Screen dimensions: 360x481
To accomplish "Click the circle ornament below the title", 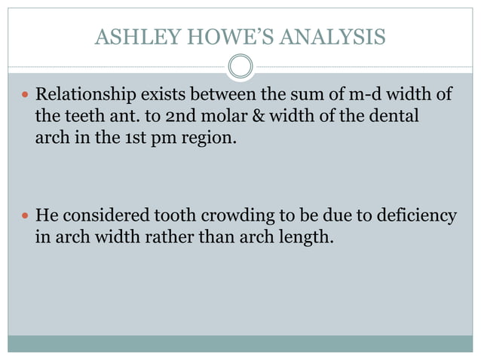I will pos(240,67).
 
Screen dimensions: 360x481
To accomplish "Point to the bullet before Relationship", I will pos(25,96).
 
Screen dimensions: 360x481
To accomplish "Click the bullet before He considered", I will pos(25,217).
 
